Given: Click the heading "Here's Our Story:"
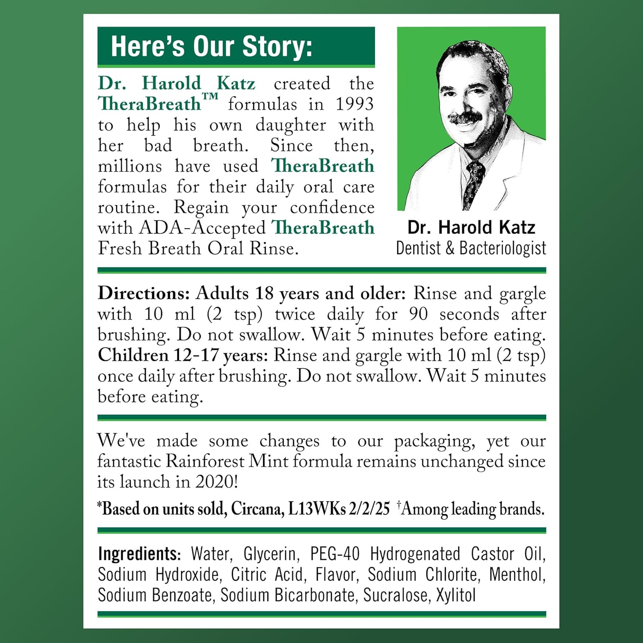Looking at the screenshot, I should (x=211, y=46).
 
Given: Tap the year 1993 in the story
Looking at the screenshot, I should (x=354, y=104).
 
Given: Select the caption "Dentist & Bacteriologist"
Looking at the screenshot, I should (x=471, y=248).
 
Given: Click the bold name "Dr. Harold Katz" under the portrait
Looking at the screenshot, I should (x=471, y=227).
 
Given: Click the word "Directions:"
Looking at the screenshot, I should (x=144, y=294).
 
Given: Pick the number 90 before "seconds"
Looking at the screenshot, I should (x=418, y=314).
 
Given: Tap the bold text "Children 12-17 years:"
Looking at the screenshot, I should (x=183, y=355).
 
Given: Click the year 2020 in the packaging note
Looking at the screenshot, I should (x=216, y=482).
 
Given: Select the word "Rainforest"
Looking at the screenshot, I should (x=205, y=461).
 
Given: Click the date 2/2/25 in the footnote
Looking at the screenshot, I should (x=369, y=509).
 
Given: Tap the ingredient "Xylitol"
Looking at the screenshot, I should (x=456, y=595).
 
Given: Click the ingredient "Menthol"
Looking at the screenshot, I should (x=517, y=574).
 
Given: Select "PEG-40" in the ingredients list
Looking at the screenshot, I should (x=335, y=554).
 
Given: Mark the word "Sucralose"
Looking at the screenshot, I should (x=395, y=595).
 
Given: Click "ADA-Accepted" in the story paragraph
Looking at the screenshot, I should (x=202, y=228).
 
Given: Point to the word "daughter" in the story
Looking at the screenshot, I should (x=291, y=125).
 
